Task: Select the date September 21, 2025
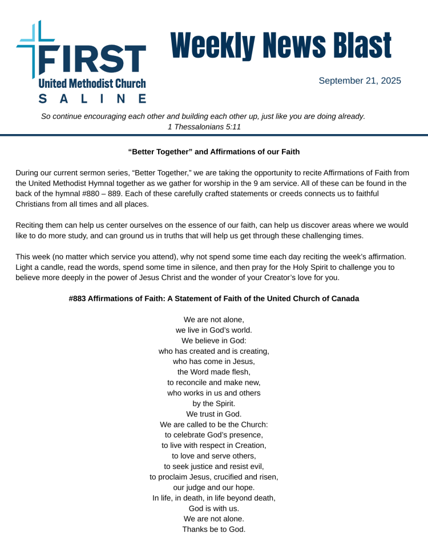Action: [360, 81]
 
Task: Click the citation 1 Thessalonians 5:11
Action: [204, 127]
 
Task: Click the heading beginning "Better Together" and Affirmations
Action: [214, 152]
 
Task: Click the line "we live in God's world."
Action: [214, 330]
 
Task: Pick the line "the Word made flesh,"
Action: [214, 372]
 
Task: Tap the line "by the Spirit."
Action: [214, 403]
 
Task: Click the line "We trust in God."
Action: [214, 414]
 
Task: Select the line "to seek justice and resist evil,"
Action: [214, 466]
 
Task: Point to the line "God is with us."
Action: [214, 508]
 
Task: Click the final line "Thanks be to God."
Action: [214, 529]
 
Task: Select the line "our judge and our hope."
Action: [214, 487]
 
